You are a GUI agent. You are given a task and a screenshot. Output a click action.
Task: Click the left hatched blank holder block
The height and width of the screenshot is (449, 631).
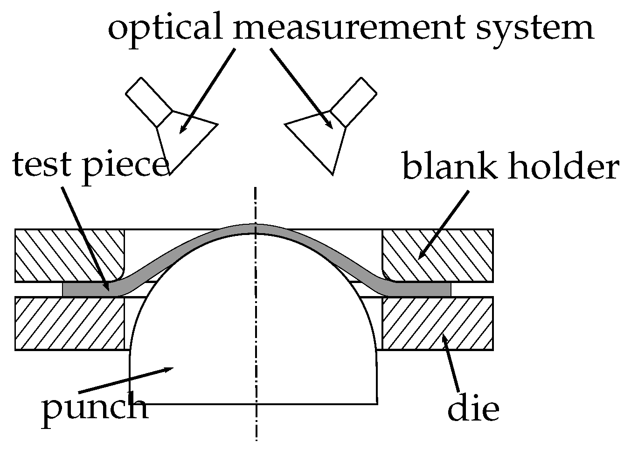pyautogui.click(x=70, y=256)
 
